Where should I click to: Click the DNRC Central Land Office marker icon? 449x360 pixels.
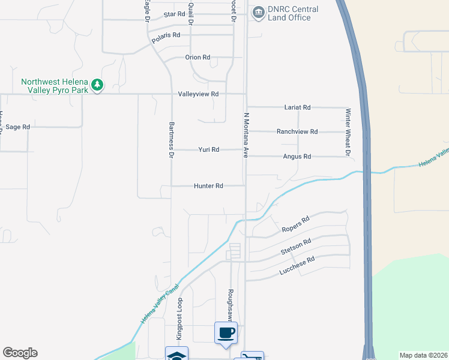tap(259, 13)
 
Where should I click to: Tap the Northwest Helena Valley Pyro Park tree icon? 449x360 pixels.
tap(97, 86)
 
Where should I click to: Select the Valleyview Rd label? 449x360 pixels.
tap(198, 94)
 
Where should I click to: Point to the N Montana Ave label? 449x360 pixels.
tap(246, 135)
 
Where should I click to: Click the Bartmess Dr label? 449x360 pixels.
tap(171, 139)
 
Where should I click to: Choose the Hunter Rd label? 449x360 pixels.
tap(208, 186)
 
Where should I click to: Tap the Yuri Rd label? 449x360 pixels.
tap(209, 149)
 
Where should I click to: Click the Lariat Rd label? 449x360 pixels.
tap(297, 107)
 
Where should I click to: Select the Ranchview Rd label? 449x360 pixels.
tap(297, 131)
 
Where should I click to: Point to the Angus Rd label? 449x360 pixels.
tap(298, 157)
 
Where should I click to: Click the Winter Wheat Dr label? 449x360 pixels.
tap(347, 132)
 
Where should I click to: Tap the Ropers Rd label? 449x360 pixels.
tap(295, 224)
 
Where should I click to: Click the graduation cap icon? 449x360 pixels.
tap(176, 355)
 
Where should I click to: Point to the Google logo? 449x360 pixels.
tap(20, 353)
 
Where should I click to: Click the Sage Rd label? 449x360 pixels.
tap(17, 127)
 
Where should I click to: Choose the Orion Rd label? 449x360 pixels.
tap(197, 58)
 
